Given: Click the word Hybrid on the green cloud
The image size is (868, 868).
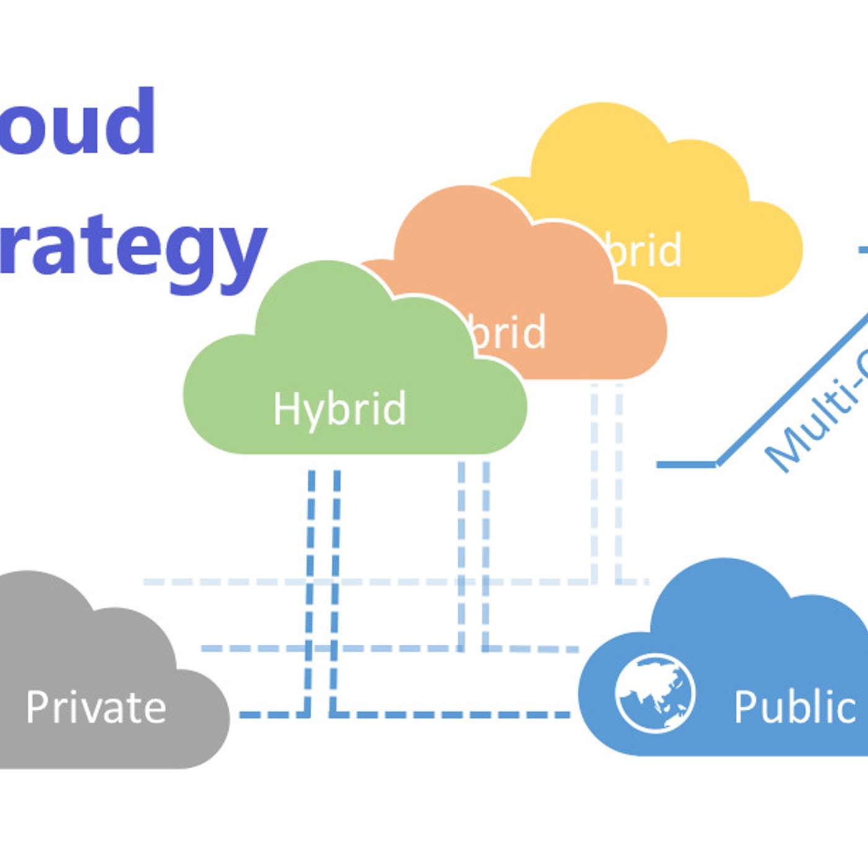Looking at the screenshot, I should coord(340,409).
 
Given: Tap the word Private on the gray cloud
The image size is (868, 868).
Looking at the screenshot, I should coord(96,707).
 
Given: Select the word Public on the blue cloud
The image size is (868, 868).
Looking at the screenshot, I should coord(795,707).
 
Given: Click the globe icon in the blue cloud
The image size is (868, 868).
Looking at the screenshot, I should coord(655,693).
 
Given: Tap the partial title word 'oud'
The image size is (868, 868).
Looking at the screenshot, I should coord(77,122).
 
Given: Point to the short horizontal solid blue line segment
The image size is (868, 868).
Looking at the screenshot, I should coord(686,464).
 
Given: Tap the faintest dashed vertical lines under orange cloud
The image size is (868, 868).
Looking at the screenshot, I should coord(606,484).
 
